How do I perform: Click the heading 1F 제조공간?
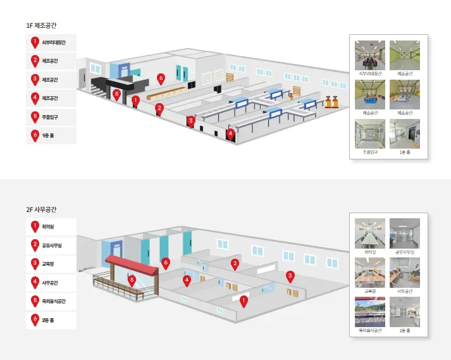[41, 25]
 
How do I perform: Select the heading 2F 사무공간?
[41, 209]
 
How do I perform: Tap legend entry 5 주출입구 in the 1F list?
[51, 117]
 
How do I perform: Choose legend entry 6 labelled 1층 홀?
[51, 135]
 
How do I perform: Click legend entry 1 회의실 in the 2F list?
[51, 227]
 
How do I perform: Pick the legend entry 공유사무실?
[51, 245]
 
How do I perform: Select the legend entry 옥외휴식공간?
[51, 301]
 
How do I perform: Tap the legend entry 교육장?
[51, 263]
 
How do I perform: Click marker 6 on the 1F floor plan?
[161, 78]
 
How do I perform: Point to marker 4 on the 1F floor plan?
[231, 133]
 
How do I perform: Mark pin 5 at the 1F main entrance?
[116, 94]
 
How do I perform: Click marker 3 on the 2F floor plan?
[290, 276]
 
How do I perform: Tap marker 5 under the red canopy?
[132, 279]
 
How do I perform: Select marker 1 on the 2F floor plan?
[243, 301]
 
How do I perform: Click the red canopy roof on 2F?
[132, 264]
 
